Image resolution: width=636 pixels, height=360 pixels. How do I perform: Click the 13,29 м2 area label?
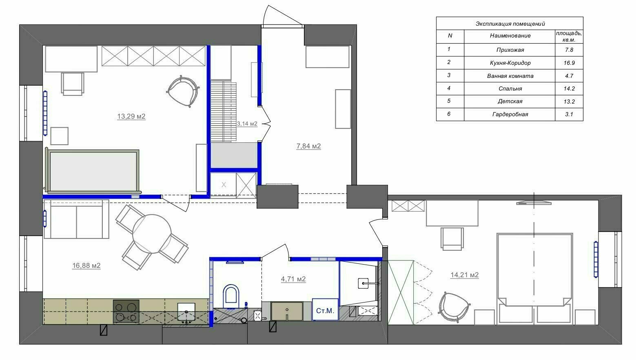coord(131,116)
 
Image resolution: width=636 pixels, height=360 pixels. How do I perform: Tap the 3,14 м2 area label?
coord(247,124)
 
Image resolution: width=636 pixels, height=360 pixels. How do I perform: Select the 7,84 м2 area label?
coord(309,146)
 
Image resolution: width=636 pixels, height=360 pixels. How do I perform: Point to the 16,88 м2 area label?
coord(86,265)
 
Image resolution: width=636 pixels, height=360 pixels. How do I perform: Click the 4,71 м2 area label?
coord(293,279)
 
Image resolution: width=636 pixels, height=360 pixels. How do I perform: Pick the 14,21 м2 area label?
coord(465,275)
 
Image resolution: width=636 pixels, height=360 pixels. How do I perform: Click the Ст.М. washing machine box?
coord(325,309)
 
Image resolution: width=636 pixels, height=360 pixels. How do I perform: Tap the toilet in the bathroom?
coord(231,296)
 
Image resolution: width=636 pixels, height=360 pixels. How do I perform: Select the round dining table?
coord(152,234)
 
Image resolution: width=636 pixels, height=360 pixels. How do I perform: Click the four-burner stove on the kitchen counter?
coord(126,311)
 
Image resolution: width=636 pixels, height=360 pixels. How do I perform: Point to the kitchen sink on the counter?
coord(186,313)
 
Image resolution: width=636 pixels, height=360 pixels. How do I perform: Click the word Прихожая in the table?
coord(510,50)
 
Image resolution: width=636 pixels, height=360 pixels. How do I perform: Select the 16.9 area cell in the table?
coord(569,63)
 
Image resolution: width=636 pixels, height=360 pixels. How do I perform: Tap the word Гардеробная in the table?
coord(510,114)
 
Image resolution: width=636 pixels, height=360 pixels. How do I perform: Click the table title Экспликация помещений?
coord(510,24)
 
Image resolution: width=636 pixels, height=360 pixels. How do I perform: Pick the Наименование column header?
coord(510,36)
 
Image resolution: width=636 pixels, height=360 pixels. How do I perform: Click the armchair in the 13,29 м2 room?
coord(183,91)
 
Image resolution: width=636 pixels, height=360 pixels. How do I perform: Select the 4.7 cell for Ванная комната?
coord(569,76)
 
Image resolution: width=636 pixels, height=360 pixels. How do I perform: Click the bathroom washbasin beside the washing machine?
coord(287,311)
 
